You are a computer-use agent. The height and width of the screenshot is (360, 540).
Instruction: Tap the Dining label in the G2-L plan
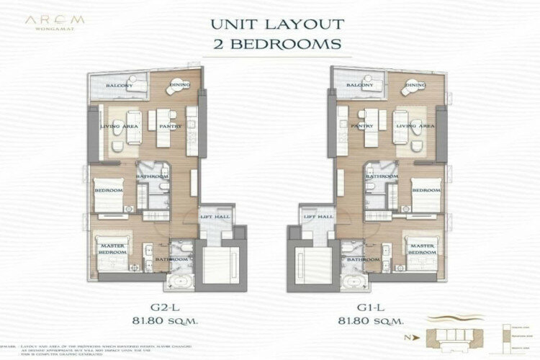click(179, 86)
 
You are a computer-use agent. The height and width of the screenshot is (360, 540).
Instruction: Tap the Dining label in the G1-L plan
click(416, 86)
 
